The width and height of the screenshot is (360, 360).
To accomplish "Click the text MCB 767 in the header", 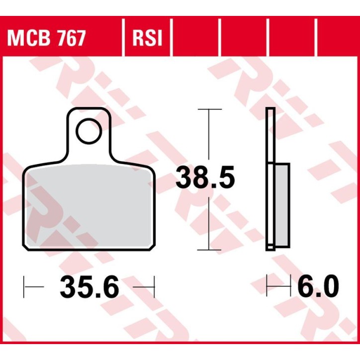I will tap(46, 38).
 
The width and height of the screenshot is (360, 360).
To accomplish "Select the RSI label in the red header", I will tap(147, 38).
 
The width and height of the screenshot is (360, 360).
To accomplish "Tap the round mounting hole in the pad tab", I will tap(88, 131).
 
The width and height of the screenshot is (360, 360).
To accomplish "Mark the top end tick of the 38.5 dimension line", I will tap(208, 108).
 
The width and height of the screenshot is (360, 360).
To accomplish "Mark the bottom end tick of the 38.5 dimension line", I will tap(208, 250).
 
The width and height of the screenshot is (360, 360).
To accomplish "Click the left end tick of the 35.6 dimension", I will tap(24, 287).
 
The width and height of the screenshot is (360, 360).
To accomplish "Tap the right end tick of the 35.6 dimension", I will tap(155, 287).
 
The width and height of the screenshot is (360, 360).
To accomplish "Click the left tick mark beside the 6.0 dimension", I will tap(268, 287).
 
